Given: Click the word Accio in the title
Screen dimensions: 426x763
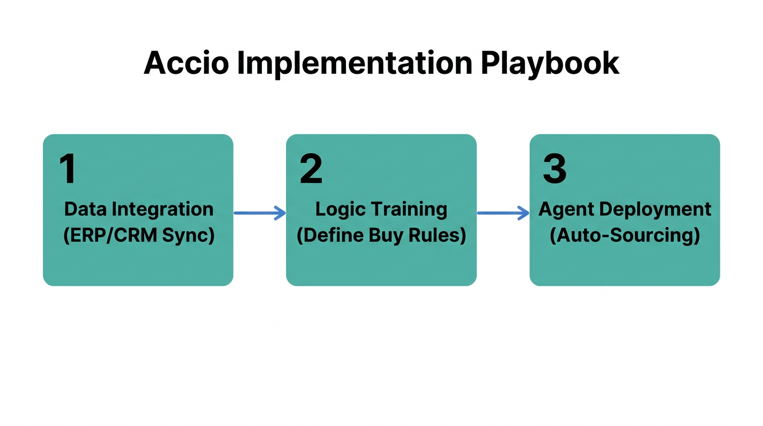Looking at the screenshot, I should [x=186, y=63].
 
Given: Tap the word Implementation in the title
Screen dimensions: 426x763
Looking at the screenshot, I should [x=355, y=63].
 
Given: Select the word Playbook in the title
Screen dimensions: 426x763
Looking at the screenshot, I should [x=550, y=63].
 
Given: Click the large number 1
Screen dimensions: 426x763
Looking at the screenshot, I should [x=68, y=169].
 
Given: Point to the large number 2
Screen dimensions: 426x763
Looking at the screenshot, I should [x=311, y=169].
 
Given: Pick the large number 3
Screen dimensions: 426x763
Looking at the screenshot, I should [x=554, y=169].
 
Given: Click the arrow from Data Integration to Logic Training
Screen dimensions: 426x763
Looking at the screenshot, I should [x=260, y=212].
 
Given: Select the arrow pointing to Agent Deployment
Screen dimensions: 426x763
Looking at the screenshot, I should [x=503, y=212].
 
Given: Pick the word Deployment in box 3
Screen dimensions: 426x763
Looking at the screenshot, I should [x=654, y=209].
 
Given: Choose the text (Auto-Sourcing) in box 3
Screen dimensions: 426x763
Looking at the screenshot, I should [x=624, y=235].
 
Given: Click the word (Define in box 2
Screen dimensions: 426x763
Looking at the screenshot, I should [x=327, y=235].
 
